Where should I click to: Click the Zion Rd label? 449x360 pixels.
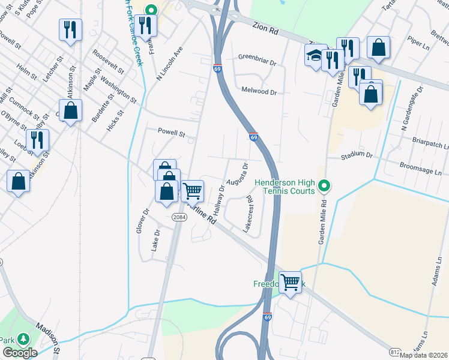click(266, 27)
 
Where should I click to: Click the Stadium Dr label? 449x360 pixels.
click(357, 155)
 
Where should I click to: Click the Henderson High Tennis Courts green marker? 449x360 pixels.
click(324, 185)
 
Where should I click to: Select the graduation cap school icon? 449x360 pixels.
click(315, 56)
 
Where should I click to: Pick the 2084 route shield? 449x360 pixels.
click(178, 217)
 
